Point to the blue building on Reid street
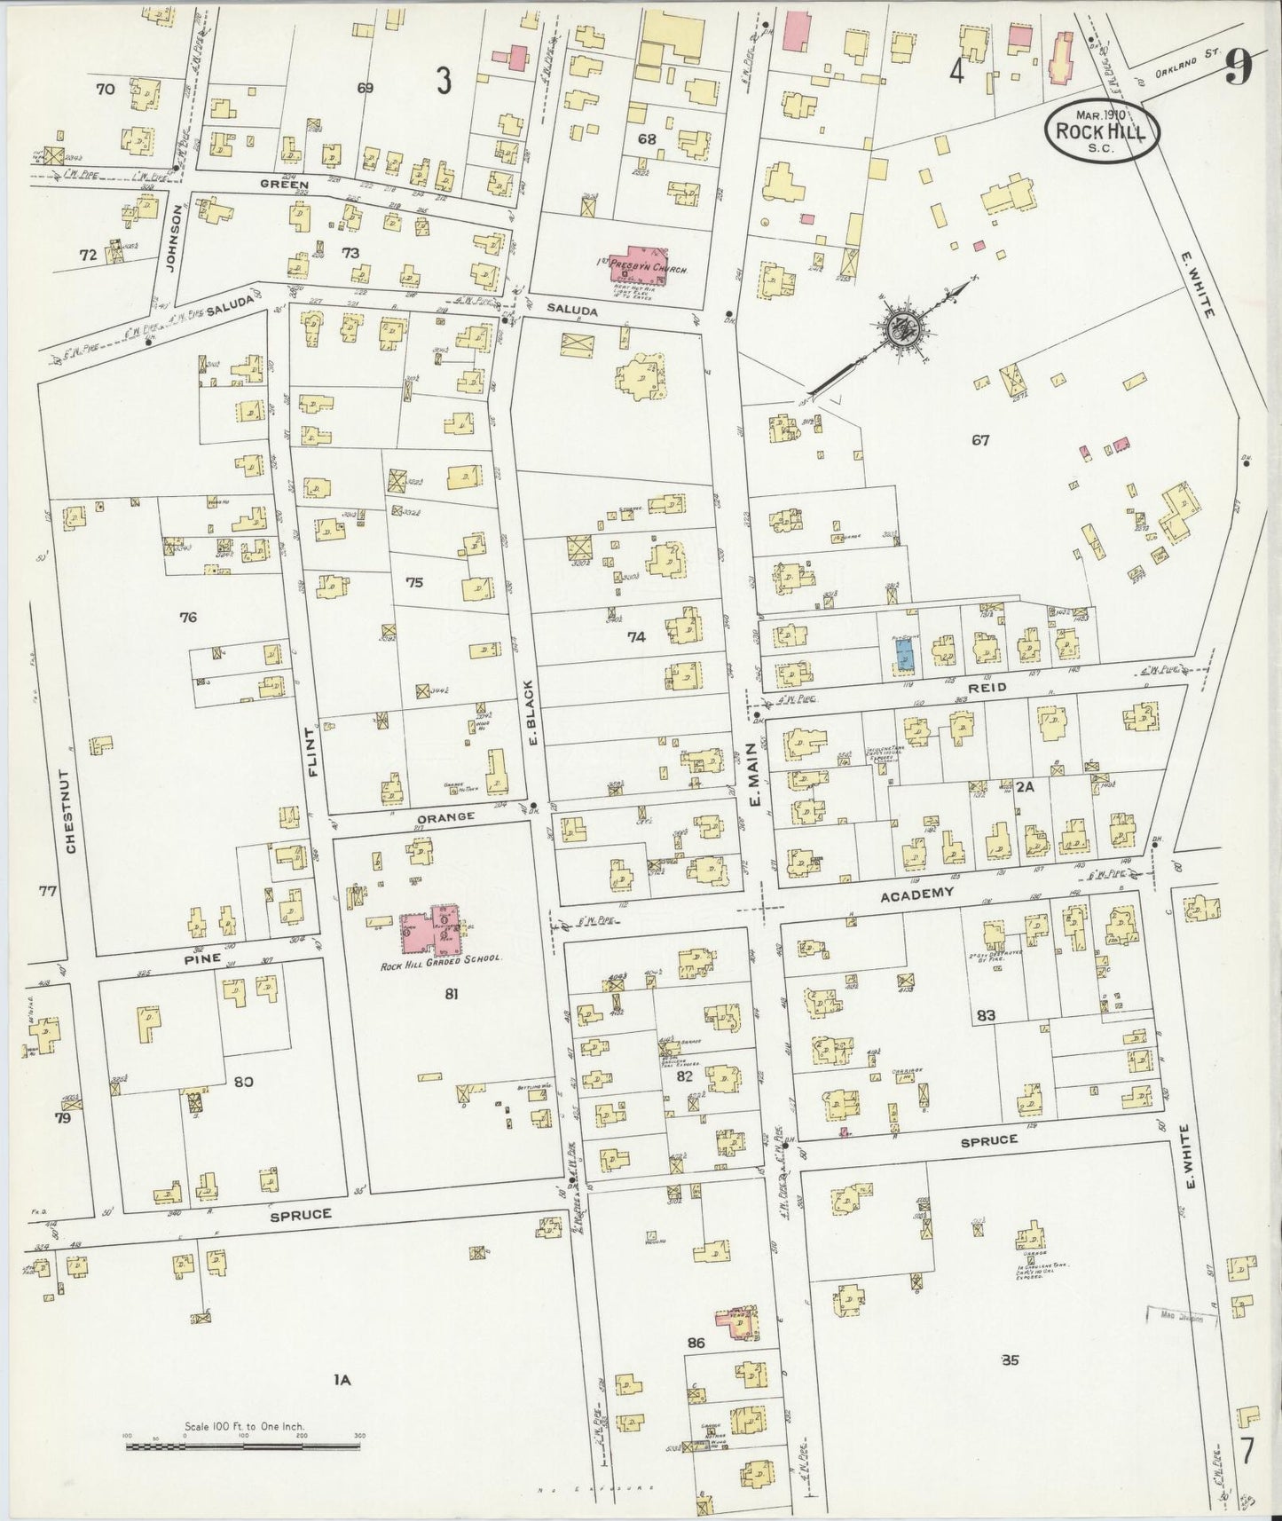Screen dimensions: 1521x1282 pyautogui.click(x=904, y=656)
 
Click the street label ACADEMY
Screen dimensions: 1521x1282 pyautogui.click(x=916, y=895)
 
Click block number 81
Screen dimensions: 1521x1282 pyautogui.click(x=451, y=995)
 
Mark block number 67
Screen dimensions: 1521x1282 pyautogui.click(x=979, y=439)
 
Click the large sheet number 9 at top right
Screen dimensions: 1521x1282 pyautogui.click(x=1239, y=67)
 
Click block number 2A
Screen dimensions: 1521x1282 pyautogui.click(x=1026, y=786)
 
